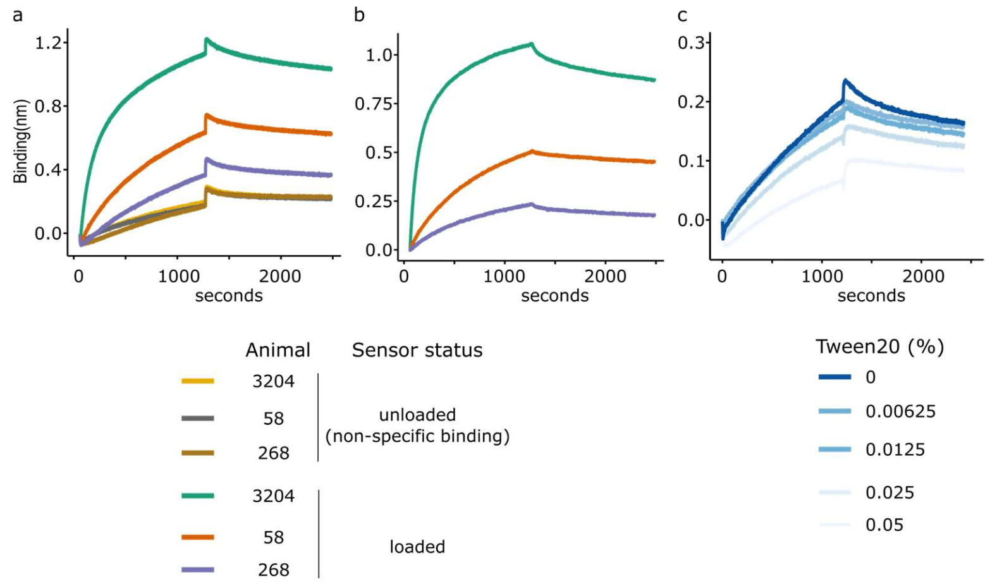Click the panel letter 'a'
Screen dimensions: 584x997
(18, 15)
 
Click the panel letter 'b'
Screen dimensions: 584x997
(359, 15)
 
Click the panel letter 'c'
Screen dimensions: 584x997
(682, 15)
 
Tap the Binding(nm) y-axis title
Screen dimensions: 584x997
(21, 142)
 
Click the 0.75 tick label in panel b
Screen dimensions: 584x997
(373, 104)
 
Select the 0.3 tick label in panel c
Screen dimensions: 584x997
(690, 43)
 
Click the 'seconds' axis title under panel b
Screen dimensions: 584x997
(554, 296)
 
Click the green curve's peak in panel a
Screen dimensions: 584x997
(206, 40)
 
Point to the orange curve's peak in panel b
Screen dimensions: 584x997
(532, 151)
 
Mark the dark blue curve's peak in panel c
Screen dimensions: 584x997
(845, 80)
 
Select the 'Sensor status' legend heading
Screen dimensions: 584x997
(417, 350)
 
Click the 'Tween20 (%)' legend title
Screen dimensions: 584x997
(879, 346)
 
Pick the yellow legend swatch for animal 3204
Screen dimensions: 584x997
(198, 381)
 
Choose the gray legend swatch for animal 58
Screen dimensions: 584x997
(198, 418)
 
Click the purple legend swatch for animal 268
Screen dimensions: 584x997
(198, 569)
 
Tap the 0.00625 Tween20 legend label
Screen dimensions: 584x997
(900, 411)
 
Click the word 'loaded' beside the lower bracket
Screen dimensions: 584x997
(417, 547)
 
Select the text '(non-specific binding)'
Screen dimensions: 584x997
(417, 436)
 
